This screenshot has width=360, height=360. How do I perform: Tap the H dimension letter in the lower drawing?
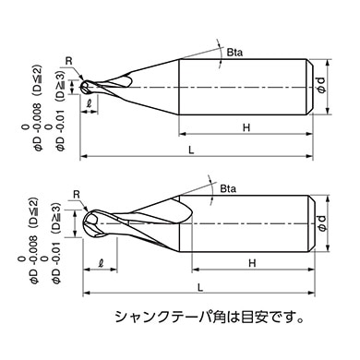251,265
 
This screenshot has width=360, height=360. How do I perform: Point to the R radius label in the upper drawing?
68,64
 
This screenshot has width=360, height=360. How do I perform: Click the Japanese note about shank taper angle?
209,316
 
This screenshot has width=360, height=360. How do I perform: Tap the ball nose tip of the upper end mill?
85,87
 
